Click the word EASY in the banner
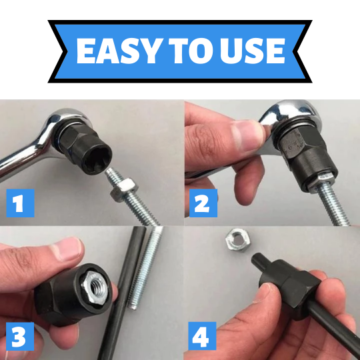pyautogui.click(x=119, y=51)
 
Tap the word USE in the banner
pyautogui.click(x=252, y=51)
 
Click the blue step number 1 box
pyautogui.click(x=20, y=203)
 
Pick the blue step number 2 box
pyautogui.click(x=203, y=203)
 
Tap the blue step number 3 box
pyautogui.click(x=20, y=336)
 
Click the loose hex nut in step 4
pyautogui.click(x=237, y=240)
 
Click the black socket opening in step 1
pyautogui.click(x=97, y=159)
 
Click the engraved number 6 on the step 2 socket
pyautogui.click(x=291, y=147)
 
